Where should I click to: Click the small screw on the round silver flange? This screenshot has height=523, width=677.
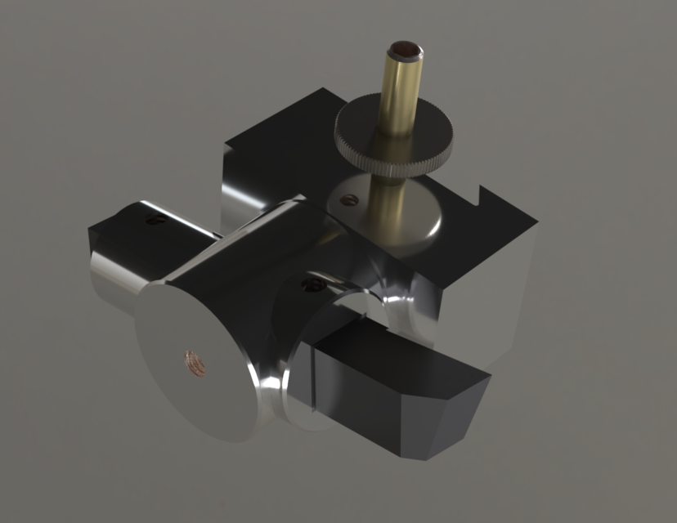(x=348, y=198)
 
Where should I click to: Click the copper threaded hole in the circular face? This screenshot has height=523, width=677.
(x=194, y=357)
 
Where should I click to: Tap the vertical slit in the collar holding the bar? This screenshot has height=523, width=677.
(x=312, y=376)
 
